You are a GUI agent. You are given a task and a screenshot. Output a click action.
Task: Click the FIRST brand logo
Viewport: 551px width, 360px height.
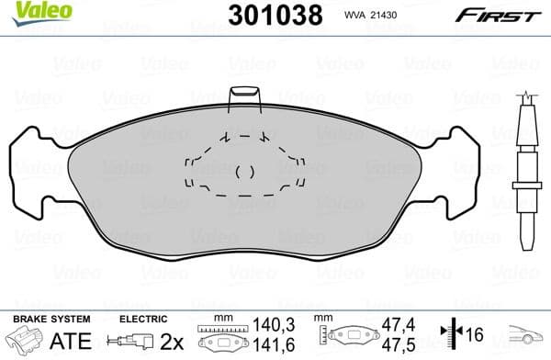tap(496, 14)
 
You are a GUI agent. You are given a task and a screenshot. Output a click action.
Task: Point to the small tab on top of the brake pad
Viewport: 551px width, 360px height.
tap(244, 98)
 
